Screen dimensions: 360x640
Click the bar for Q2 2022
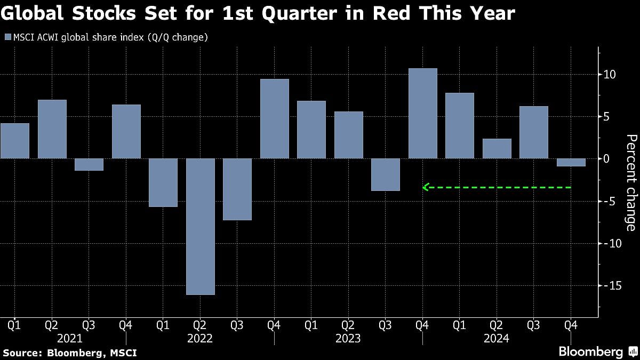[x=201, y=226]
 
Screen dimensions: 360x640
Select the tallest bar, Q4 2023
[x=423, y=113]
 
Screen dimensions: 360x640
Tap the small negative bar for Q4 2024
[x=571, y=162]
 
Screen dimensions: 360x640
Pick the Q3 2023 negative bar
[x=386, y=174]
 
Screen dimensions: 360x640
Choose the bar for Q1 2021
[x=15, y=141]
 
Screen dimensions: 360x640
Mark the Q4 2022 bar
[x=275, y=118]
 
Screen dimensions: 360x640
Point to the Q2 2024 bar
[x=497, y=148]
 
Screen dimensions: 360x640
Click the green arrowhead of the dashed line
[x=425, y=187]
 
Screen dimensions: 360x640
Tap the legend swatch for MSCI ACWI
[x=7, y=37]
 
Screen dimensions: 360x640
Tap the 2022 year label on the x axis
[x=201, y=338]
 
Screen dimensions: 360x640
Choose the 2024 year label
[x=497, y=338]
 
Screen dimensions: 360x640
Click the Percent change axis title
[x=630, y=183]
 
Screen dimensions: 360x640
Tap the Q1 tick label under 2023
[x=311, y=324]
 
